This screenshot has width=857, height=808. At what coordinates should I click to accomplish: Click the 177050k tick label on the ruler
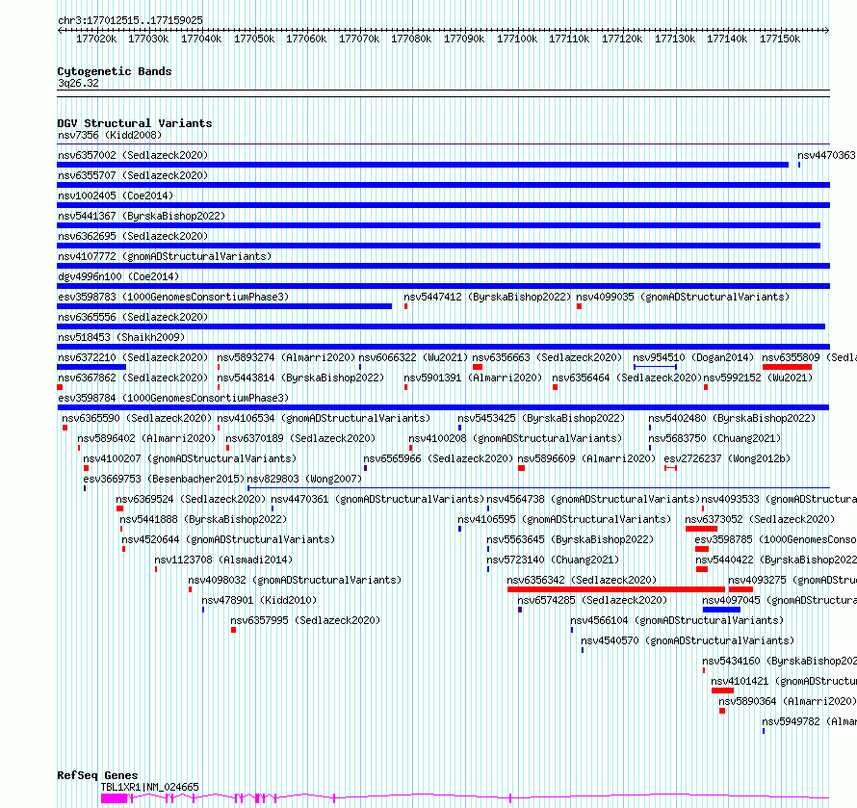[x=253, y=39]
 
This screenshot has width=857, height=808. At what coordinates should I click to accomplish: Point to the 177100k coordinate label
[x=516, y=39]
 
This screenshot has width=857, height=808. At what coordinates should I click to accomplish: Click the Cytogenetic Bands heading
[x=114, y=71]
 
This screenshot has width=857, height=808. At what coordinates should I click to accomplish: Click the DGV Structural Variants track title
[x=134, y=123]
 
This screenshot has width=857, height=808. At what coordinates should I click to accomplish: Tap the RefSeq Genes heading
[x=97, y=775]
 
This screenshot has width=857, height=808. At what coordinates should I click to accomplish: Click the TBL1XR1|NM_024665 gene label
[x=150, y=787]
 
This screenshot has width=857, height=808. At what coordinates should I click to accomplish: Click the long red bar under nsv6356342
[x=615, y=588]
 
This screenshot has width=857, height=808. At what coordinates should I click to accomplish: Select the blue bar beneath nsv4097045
[x=721, y=609]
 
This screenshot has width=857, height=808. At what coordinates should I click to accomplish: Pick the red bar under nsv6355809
[x=787, y=366]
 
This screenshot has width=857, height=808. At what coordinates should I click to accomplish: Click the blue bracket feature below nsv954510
[x=655, y=366]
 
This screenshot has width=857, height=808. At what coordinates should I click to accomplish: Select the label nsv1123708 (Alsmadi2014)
[x=210, y=560]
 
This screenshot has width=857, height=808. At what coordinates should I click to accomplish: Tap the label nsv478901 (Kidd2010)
[x=246, y=600]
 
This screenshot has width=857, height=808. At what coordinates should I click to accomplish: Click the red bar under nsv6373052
[x=701, y=528]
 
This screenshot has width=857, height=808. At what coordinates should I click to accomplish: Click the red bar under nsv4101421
[x=722, y=690]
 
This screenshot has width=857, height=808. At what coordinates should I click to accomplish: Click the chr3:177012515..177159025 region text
[x=130, y=20]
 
